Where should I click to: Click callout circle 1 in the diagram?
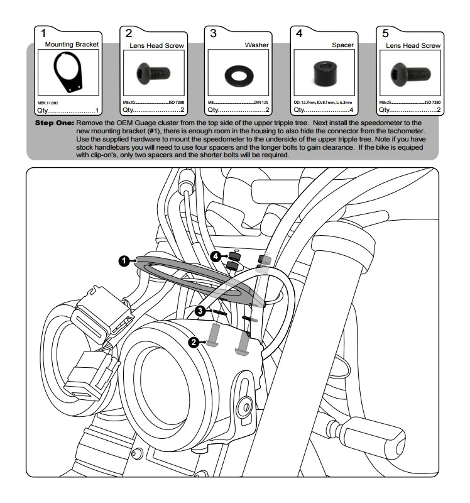pos(126,260)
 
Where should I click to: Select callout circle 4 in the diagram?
pos(215,257)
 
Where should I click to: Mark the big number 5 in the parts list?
pos(385,34)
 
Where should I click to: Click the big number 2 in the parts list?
pos(129,34)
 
